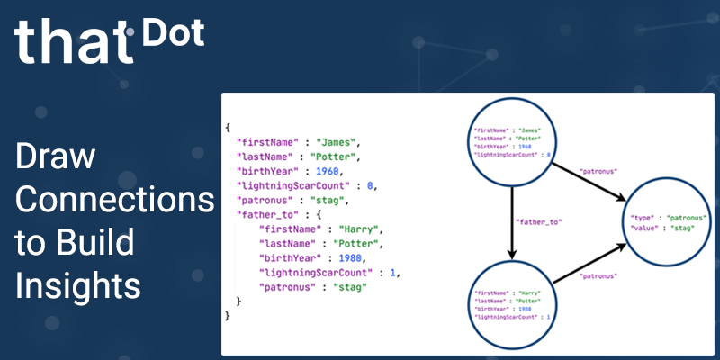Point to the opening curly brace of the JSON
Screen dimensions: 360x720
coord(229,128)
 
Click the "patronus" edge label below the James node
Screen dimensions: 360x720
coord(598,168)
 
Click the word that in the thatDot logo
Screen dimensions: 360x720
coord(73,41)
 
